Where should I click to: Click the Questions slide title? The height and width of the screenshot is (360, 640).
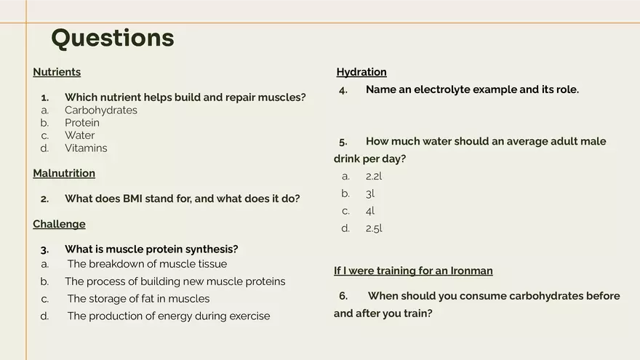(113, 38)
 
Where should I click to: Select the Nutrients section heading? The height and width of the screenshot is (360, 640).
(57, 72)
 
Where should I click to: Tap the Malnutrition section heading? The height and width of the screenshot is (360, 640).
(64, 173)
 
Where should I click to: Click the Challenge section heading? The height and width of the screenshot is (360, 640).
(59, 224)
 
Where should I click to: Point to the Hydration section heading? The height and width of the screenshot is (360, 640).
(361, 72)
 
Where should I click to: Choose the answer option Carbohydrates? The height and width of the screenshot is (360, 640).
(101, 111)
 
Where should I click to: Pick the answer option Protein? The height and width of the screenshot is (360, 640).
(82, 123)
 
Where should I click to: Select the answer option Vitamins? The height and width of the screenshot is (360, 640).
(86, 148)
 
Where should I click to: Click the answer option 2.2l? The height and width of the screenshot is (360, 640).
(374, 176)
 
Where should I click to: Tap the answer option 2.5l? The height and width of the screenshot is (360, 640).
(374, 228)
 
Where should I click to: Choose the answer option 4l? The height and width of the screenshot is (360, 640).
(370, 211)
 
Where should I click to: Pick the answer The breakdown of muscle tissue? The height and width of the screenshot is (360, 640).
(147, 264)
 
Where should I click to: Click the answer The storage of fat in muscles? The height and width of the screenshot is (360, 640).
(138, 299)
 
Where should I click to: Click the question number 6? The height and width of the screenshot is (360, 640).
(343, 296)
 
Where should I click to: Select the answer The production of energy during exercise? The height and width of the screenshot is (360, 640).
(169, 316)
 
